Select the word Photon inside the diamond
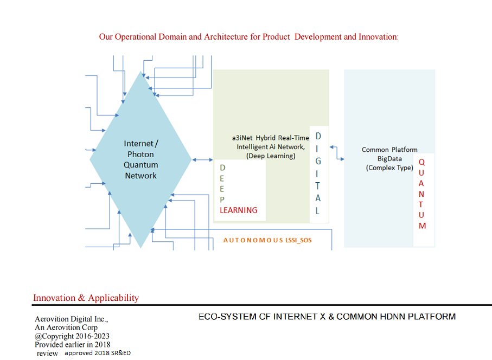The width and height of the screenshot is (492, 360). pyautogui.click(x=141, y=154)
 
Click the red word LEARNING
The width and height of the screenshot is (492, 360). pyautogui.click(x=239, y=210)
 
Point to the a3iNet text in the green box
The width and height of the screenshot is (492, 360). pyautogui.click(x=242, y=138)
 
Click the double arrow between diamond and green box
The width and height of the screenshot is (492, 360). pyautogui.click(x=202, y=159)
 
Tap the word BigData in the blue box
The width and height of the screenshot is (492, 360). pyautogui.click(x=390, y=159)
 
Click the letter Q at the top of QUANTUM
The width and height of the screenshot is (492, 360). pyautogui.click(x=422, y=162)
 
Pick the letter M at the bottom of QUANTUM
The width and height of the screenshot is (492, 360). pyautogui.click(x=422, y=226)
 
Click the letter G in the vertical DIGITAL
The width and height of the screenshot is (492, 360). pyautogui.click(x=318, y=161)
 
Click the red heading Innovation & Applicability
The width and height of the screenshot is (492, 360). pyautogui.click(x=86, y=298)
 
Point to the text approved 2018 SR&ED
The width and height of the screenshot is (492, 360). pyautogui.click(x=98, y=353)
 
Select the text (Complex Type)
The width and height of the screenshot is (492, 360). pyautogui.click(x=389, y=168)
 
